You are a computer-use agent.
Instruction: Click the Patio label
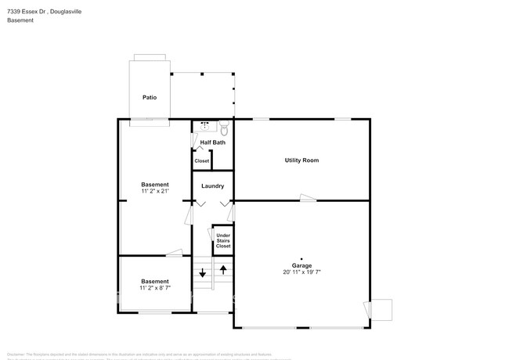tap(149, 98)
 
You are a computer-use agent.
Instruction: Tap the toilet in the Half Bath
tap(223, 126)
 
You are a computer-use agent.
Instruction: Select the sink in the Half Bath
tap(204, 125)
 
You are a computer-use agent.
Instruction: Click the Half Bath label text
tap(212, 142)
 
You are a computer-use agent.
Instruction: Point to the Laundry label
tap(212, 186)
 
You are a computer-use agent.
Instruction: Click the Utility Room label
tap(301, 160)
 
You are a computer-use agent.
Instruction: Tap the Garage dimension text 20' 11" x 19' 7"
tap(301, 272)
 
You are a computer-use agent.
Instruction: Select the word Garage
tap(301, 265)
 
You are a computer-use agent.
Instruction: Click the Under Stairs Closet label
tap(223, 240)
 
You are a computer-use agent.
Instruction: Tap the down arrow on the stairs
tap(202, 273)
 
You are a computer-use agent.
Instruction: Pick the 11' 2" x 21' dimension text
tap(155, 191)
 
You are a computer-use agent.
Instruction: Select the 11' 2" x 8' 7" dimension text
tap(155, 288)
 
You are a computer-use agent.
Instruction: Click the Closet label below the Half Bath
tap(202, 160)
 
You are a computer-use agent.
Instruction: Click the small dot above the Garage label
tap(301, 255)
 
